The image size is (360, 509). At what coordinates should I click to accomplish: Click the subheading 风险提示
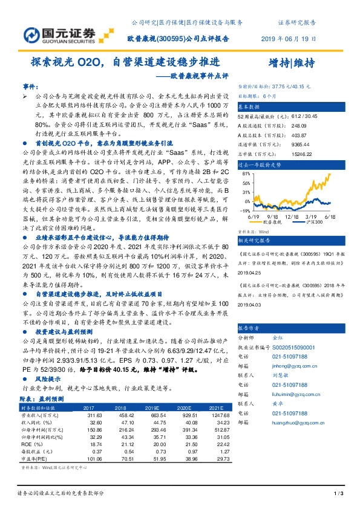[48, 378]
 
